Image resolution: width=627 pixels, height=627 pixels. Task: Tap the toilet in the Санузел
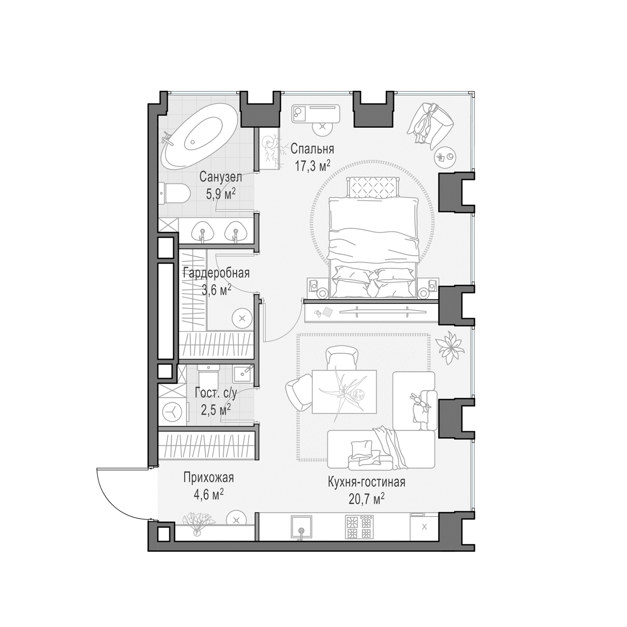tap(174, 193)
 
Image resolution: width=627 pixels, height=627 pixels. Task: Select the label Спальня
tap(312, 149)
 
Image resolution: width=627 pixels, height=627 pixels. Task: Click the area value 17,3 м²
tap(313, 166)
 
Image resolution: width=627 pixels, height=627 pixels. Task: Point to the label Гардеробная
tap(216, 273)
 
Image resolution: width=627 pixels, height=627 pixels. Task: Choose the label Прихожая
tap(208, 478)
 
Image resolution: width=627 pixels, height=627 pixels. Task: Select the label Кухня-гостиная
tap(366, 482)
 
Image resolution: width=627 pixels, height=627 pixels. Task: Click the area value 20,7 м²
tap(366, 499)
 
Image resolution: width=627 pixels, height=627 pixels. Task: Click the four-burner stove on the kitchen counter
tap(358, 527)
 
